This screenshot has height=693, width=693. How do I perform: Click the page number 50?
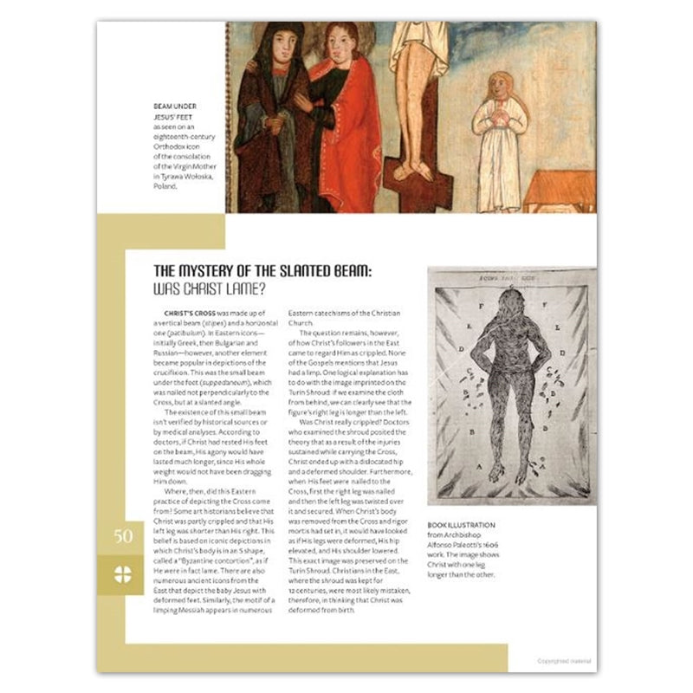123,536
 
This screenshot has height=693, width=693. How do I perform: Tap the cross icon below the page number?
123,573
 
